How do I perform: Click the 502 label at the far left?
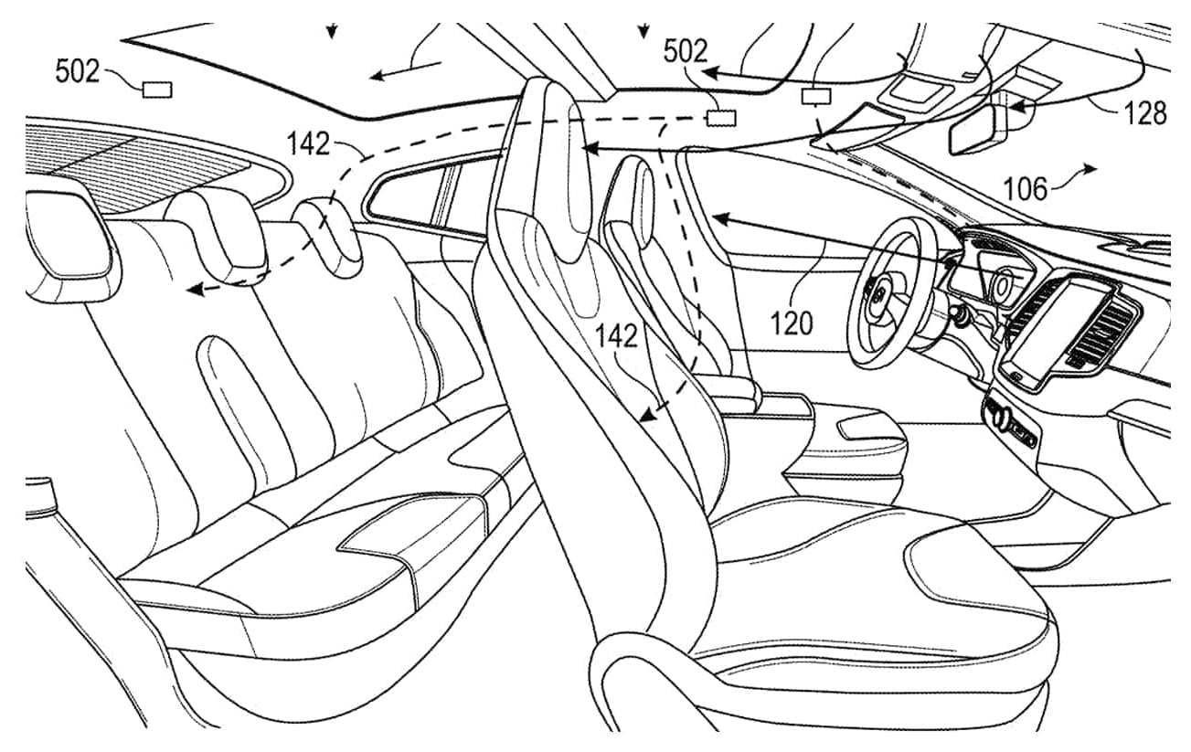coord(77,72)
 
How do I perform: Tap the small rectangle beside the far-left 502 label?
coord(157,90)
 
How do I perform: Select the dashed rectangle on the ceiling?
coord(721,118)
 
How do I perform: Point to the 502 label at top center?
coord(686,52)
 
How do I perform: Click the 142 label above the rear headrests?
coord(308,143)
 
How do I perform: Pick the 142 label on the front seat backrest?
coord(616,336)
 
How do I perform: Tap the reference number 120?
coord(792,323)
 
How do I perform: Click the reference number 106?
coord(1026,189)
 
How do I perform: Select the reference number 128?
coord(1145,113)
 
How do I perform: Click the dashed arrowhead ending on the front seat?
coord(647,414)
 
